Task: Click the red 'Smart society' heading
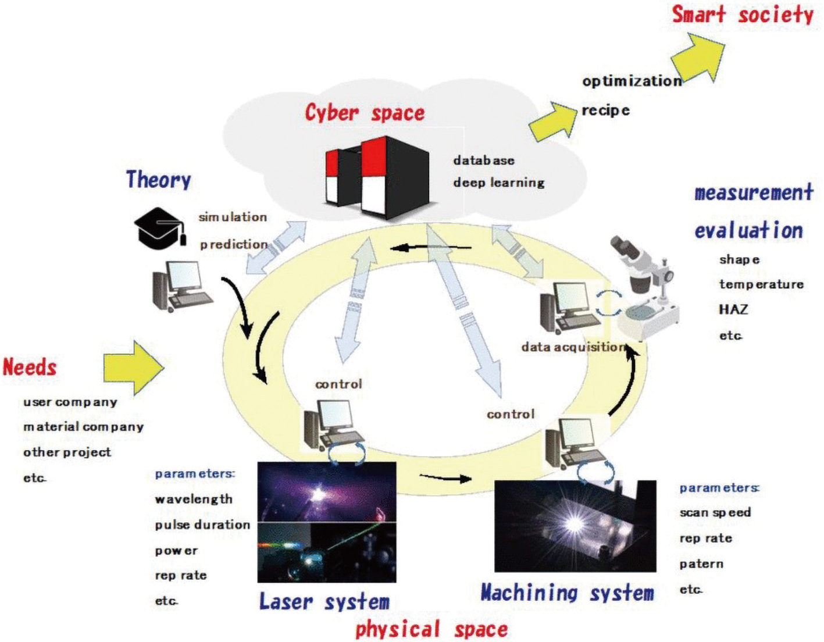pos(743,16)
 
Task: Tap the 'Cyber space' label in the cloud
pos(365,113)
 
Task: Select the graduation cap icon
pos(160,227)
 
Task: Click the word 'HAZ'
pos(733,309)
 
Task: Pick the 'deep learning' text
pos(499,183)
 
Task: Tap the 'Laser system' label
pos(324,601)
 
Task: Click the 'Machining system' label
pos(568,593)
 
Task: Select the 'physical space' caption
pos(431,629)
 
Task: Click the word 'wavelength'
pos(194,500)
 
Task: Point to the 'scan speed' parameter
pos(715,513)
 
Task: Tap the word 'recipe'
pos(605,111)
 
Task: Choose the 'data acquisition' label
pos(573,347)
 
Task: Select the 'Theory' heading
pos(159,180)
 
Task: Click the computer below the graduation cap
pos(183,286)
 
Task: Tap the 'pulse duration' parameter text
pos(202,525)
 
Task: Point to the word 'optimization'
pos(632,81)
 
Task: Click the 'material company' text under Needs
pos(83,427)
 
